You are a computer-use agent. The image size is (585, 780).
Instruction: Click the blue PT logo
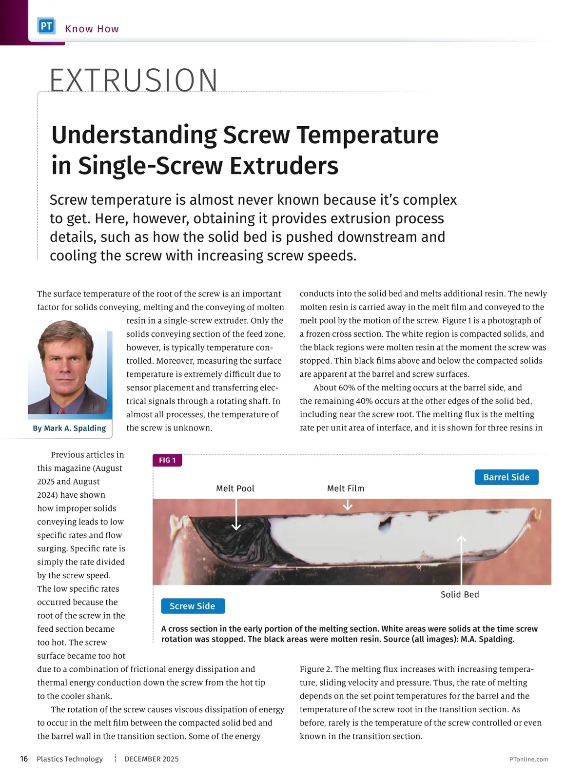pos(46,26)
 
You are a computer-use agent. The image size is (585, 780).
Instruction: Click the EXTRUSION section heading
pos(134,80)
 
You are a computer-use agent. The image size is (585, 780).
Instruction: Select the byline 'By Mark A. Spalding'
pos(69,428)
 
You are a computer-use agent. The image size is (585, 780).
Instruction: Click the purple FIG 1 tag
pos(167,460)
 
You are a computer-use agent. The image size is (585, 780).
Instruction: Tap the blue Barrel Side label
pos(506,477)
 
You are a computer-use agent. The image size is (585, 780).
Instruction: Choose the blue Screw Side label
pos(193,606)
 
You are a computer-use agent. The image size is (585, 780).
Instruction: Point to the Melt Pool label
pos(235,488)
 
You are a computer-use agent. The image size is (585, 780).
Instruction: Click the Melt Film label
pos(346,488)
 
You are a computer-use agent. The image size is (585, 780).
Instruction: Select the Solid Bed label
pos(460,594)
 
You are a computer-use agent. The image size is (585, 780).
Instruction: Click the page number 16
pos(24,759)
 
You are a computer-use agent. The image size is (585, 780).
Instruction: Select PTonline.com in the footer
pos(528,759)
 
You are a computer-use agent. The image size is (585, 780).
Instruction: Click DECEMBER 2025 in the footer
pos(152,759)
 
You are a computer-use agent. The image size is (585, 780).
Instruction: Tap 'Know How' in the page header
pos(92,29)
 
